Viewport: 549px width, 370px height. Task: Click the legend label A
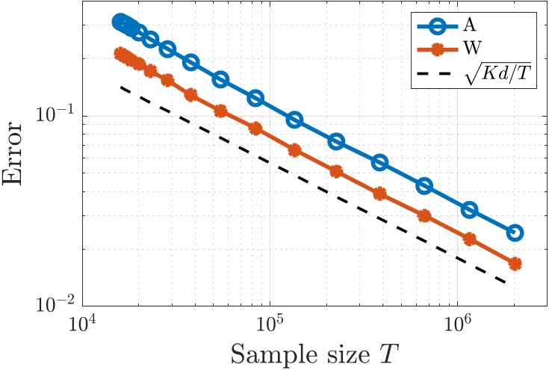pos(469,25)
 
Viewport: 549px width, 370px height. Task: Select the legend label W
pos(471,50)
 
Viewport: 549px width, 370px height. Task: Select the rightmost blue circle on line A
pos(515,233)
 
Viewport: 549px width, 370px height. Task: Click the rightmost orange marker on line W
pos(515,264)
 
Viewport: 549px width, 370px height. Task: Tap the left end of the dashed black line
pos(120,87)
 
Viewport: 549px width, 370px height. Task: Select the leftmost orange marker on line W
pos(120,53)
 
